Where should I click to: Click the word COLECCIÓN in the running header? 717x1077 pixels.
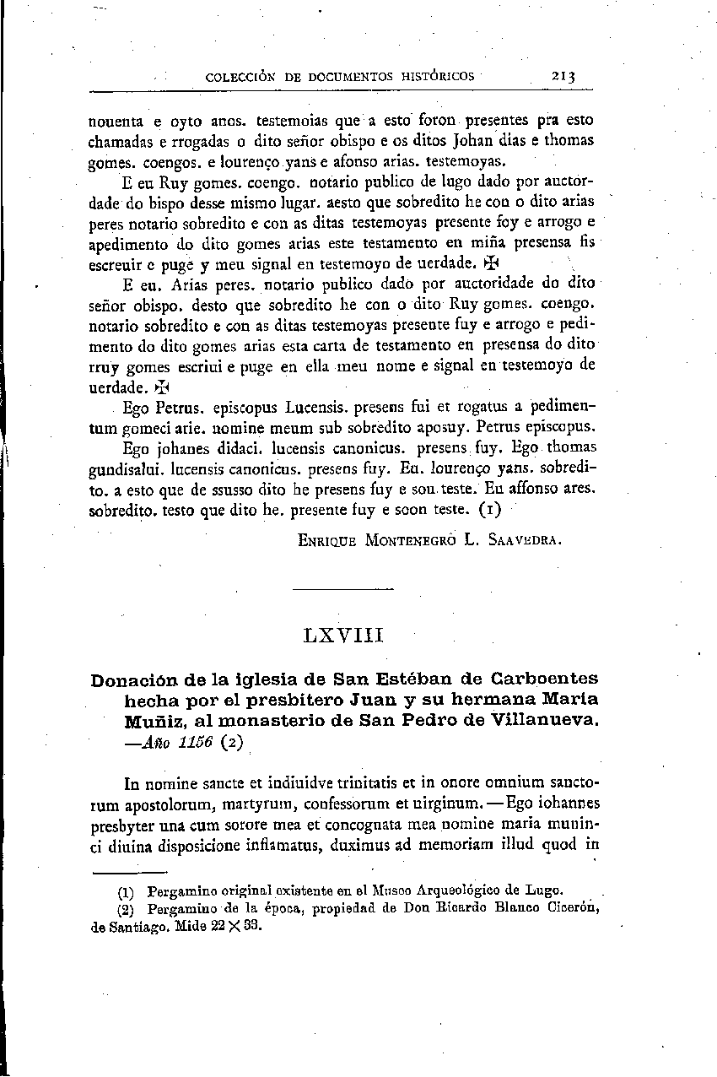243,76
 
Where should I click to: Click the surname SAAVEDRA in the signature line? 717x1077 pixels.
521,538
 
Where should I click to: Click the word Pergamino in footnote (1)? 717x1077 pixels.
181,890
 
